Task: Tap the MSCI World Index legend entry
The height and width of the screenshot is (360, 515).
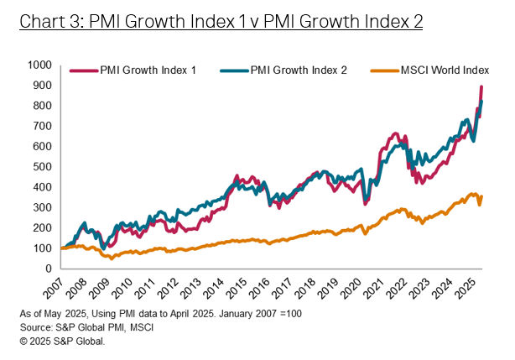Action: (x=437, y=70)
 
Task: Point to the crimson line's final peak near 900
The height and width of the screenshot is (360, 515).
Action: (x=481, y=87)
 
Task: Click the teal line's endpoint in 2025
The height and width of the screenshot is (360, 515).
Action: (x=481, y=102)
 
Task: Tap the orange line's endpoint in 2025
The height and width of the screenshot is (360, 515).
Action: (x=481, y=197)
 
